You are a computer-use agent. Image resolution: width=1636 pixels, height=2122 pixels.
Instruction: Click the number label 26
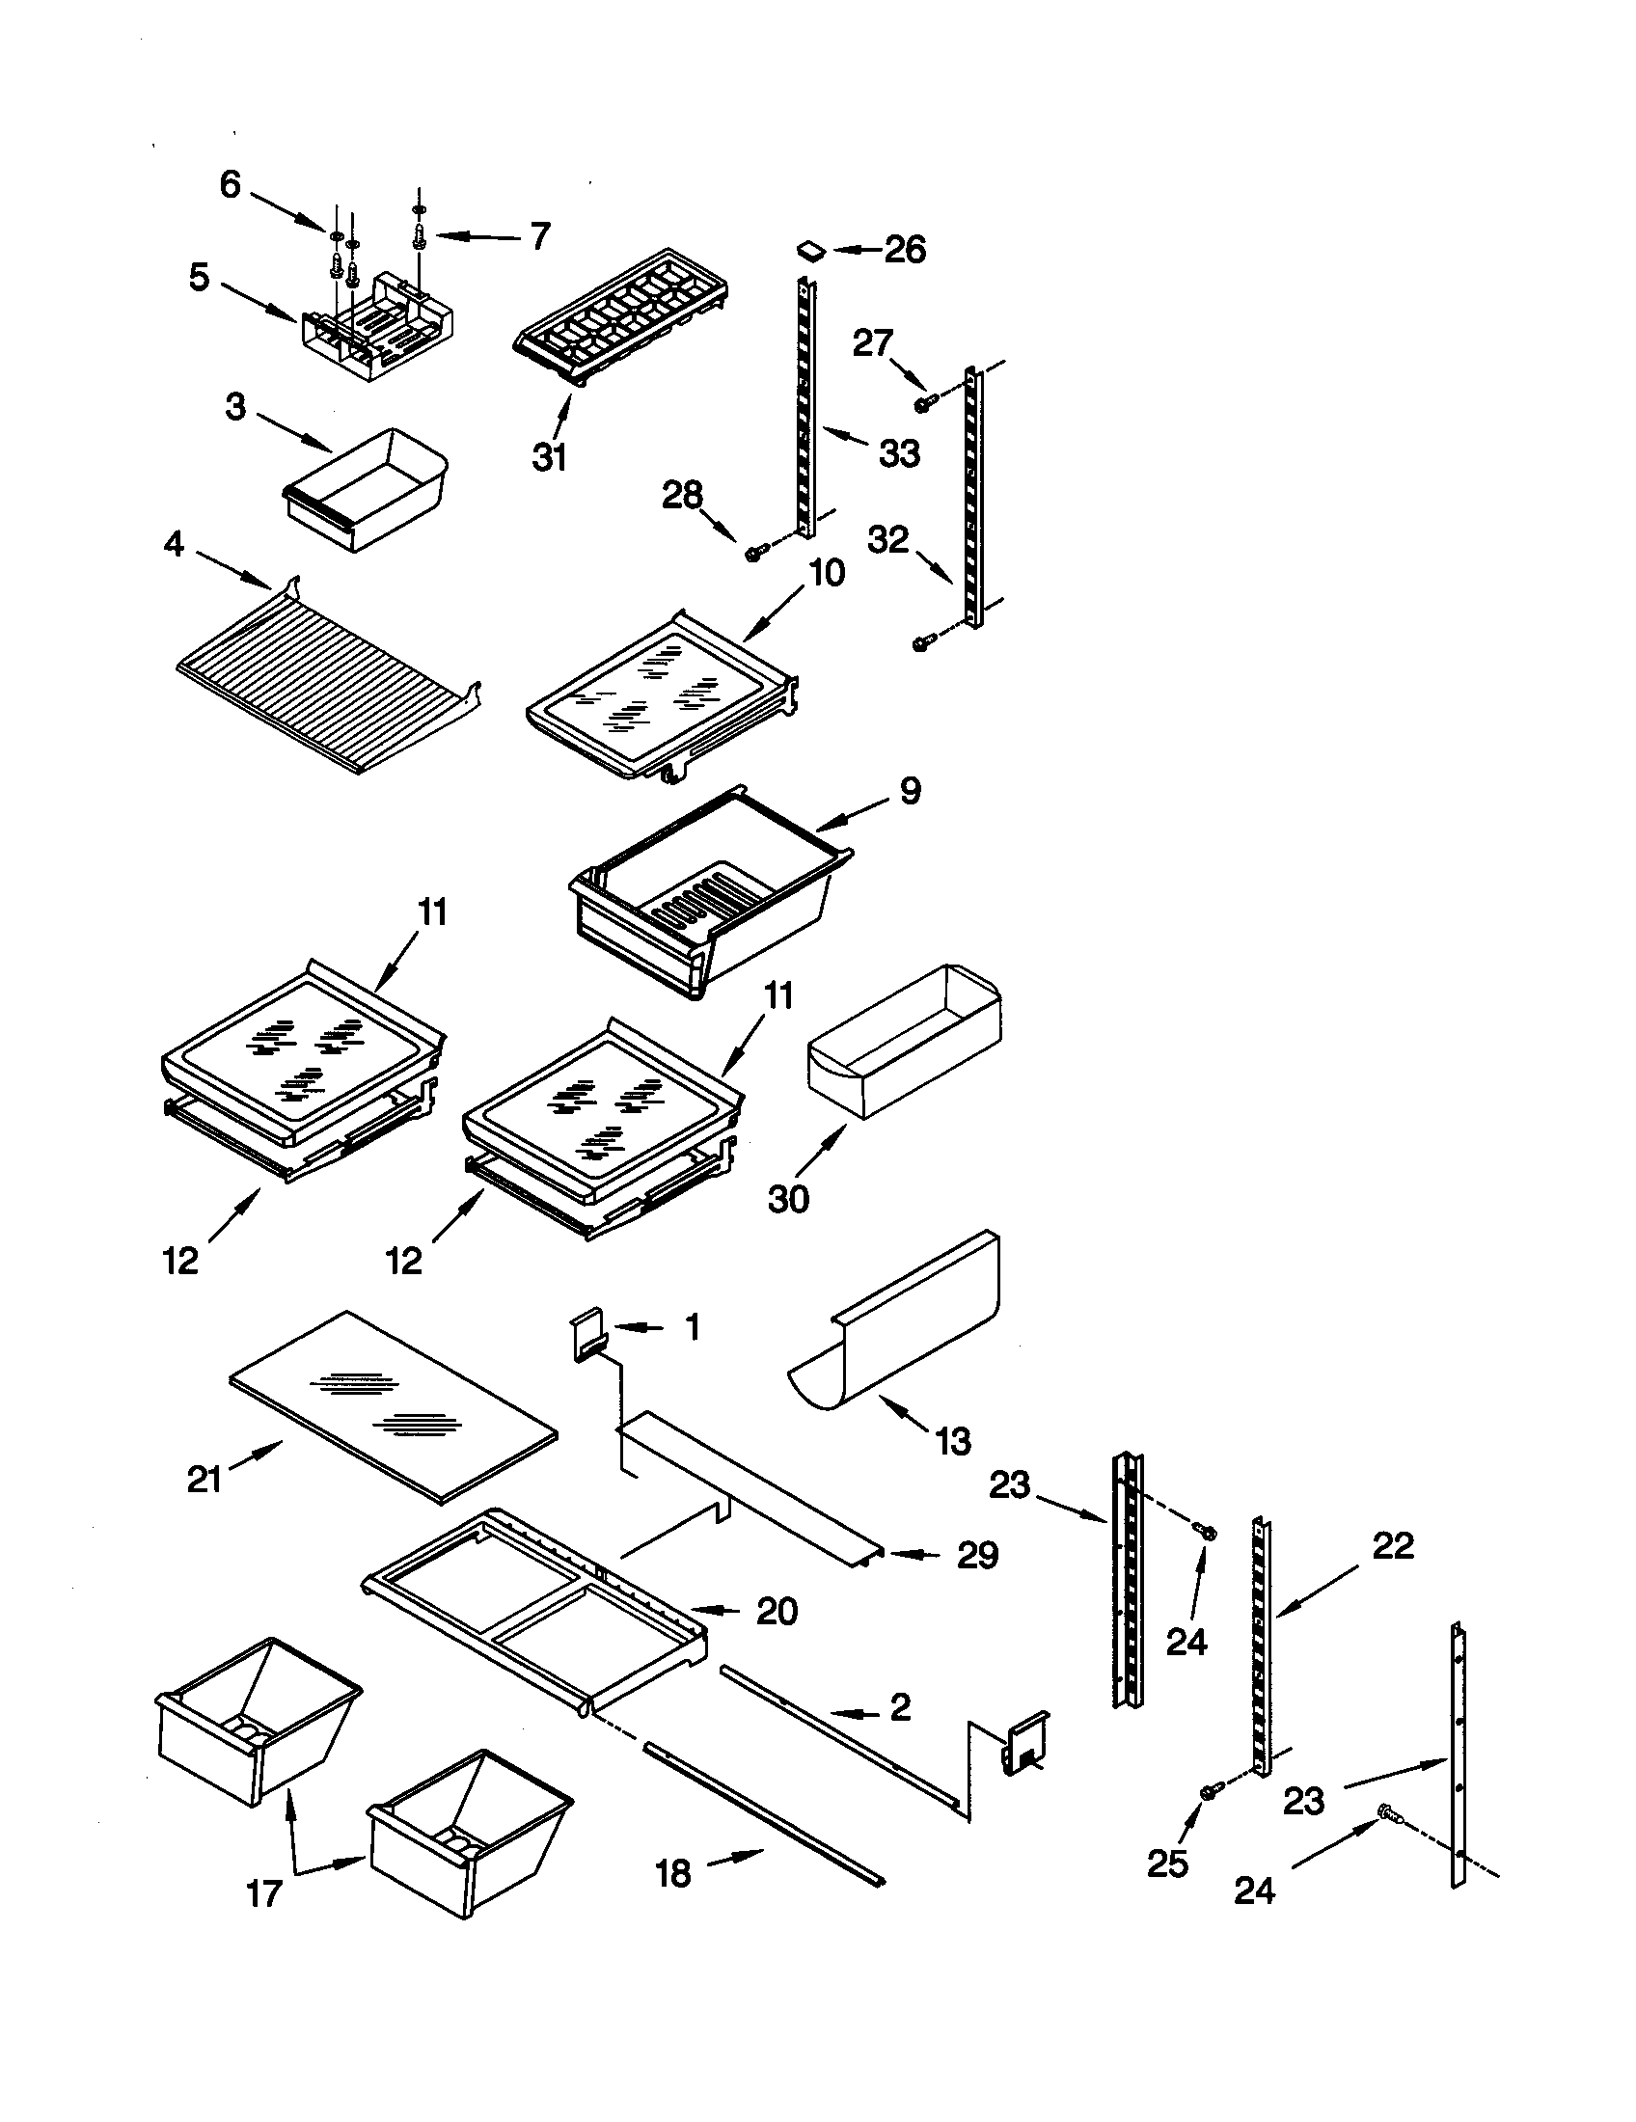click(x=905, y=250)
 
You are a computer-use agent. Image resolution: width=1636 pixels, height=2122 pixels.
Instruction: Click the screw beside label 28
click(x=755, y=552)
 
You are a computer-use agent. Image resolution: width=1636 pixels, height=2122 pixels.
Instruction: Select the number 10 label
click(x=827, y=572)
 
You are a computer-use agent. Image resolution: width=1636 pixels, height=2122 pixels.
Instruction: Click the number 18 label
click(x=673, y=1872)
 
